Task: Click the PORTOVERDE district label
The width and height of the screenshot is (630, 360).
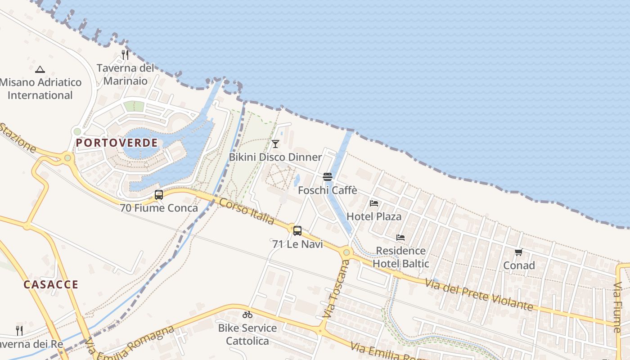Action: point(117,143)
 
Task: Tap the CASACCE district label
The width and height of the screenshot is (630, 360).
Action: point(51,284)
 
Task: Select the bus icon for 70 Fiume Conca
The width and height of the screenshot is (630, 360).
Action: point(159,195)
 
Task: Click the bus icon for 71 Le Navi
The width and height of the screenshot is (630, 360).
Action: point(297,231)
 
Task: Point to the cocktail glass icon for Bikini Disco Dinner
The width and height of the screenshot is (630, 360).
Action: point(275,144)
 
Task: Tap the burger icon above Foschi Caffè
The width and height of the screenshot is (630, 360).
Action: point(328,177)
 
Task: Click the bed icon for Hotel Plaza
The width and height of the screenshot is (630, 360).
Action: point(374,203)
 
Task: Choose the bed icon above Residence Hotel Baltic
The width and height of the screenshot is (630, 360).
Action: point(400,238)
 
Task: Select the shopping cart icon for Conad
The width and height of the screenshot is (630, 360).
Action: point(519,252)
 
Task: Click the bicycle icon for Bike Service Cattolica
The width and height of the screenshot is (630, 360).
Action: point(247,315)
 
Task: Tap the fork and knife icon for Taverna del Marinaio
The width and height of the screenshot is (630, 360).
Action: point(125,55)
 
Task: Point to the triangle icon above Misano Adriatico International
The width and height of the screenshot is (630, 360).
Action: point(40,69)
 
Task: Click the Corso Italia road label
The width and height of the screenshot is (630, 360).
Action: point(247,211)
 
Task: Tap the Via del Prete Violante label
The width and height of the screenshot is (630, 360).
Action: point(479,295)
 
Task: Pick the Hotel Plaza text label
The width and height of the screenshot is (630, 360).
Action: point(374,216)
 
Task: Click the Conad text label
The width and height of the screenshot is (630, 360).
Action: point(519,265)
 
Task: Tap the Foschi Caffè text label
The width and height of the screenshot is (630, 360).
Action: point(328,190)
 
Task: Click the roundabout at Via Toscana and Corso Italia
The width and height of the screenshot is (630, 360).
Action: point(346,252)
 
